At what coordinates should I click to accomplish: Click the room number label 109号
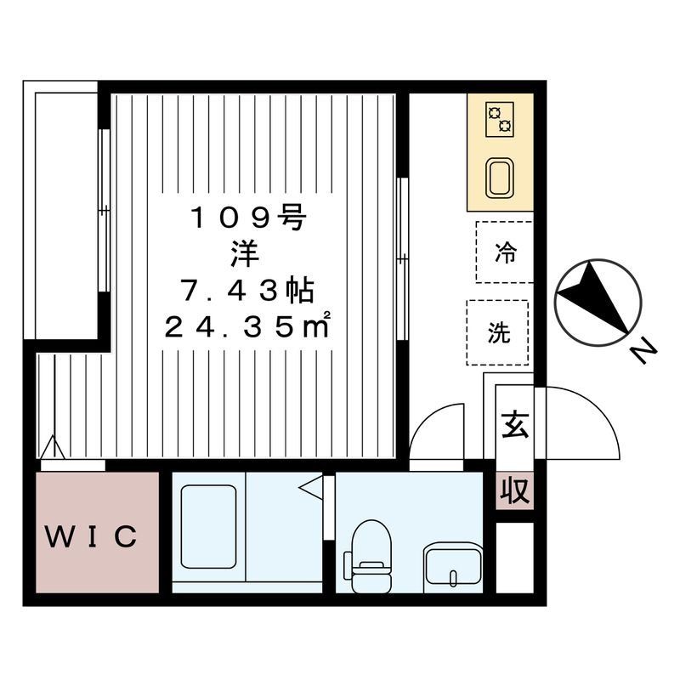tap(246, 218)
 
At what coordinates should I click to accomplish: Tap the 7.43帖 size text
tap(246, 292)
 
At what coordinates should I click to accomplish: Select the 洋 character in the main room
tap(247, 254)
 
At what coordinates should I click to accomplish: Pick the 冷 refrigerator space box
tap(504, 252)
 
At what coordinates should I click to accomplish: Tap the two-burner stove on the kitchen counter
tap(500, 121)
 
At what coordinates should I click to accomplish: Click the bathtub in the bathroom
tap(208, 527)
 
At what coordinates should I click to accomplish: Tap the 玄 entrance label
tap(514, 423)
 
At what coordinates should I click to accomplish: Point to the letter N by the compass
tap(645, 350)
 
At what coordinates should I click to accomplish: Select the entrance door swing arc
tap(582, 421)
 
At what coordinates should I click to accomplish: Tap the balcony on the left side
tap(65, 212)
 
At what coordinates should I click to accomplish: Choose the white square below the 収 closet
tap(514, 557)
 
